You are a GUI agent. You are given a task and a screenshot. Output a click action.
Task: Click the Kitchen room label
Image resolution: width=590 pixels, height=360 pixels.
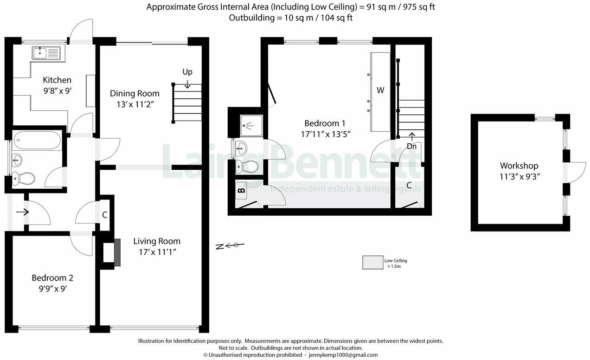pyautogui.click(x=57, y=80)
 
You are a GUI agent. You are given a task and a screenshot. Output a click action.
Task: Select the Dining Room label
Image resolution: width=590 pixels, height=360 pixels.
pyautogui.click(x=135, y=94)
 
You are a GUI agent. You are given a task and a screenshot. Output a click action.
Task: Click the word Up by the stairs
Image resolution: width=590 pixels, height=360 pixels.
pyautogui.click(x=187, y=72)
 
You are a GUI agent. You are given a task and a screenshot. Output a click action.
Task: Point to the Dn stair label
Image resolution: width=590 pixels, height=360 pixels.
pyautogui.click(x=411, y=146)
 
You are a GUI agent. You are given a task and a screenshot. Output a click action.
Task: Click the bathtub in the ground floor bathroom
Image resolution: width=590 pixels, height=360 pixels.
pyautogui.click(x=37, y=140)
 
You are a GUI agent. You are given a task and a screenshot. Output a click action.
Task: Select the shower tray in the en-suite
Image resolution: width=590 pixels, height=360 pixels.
pyautogui.click(x=251, y=125)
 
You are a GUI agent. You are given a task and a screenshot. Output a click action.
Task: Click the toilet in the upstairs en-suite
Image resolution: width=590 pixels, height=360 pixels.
pyautogui.click(x=245, y=166)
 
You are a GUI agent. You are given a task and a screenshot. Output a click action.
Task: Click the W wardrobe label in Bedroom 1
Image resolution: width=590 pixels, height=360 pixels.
pyautogui.click(x=380, y=90)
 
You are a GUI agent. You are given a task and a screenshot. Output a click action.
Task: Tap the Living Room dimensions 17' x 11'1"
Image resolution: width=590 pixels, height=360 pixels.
pyautogui.click(x=156, y=252)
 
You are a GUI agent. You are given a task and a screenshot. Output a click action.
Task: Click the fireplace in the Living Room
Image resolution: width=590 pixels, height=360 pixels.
pyautogui.click(x=117, y=252)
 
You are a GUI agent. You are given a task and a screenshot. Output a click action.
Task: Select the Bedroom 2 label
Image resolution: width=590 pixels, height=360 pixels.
pyautogui.click(x=52, y=278)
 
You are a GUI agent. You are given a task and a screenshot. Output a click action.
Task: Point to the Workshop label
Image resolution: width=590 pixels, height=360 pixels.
pyautogui.click(x=519, y=166)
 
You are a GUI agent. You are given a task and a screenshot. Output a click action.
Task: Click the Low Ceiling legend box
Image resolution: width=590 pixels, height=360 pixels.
pyautogui.click(x=372, y=263)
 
